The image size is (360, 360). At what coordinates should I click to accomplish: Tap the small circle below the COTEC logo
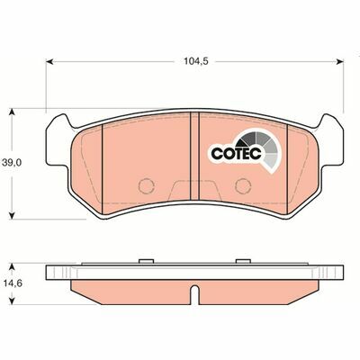click(241, 184)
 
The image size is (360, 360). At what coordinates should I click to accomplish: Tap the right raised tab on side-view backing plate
click(240, 262)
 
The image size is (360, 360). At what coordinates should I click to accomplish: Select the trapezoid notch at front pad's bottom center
click(194, 190)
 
